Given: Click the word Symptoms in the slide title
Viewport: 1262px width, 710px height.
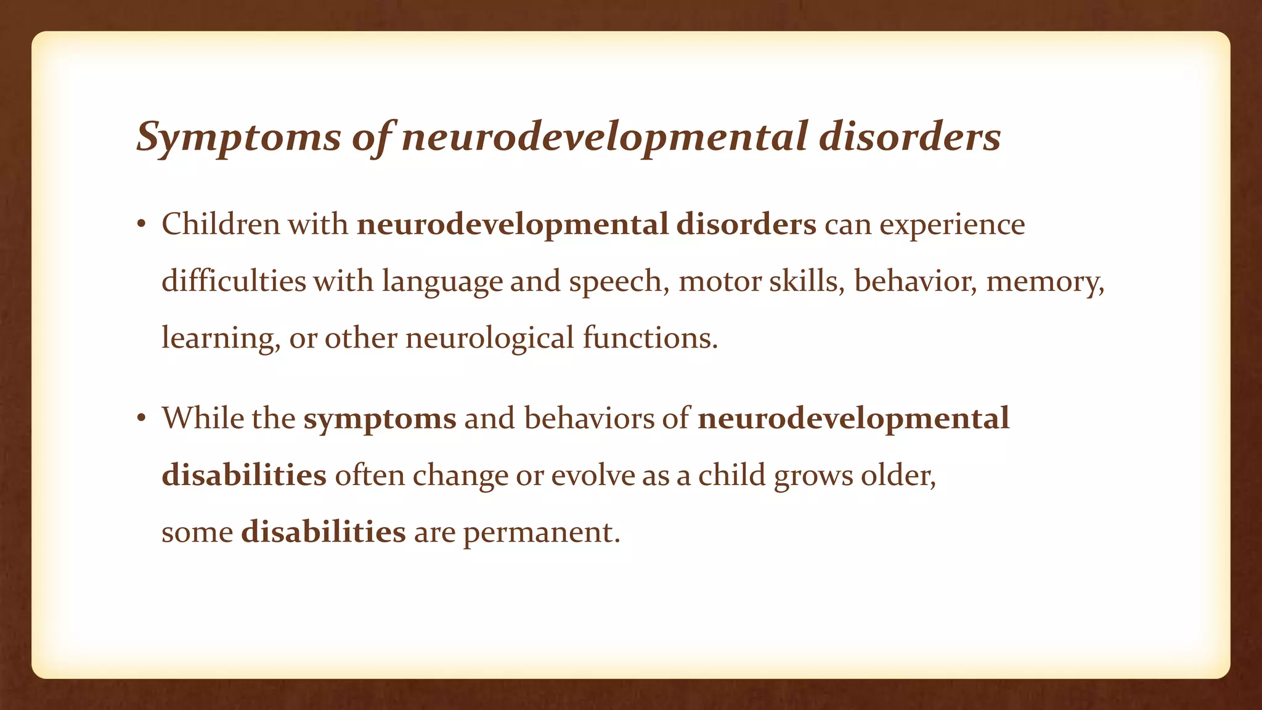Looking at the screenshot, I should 238,137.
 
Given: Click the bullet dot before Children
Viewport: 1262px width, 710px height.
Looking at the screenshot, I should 141,225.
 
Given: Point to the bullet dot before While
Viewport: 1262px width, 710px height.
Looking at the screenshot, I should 141,419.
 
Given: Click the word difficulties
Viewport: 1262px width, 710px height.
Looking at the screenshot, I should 234,282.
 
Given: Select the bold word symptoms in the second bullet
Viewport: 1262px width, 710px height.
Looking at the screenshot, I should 380,420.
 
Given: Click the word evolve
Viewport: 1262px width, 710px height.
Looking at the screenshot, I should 593,476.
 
